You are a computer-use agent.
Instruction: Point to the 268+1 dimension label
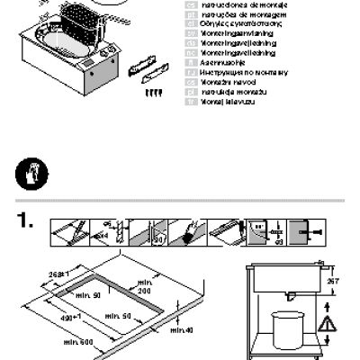click(x=58, y=274)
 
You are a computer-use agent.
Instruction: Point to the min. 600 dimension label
click(x=78, y=343)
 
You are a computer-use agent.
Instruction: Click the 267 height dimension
click(x=333, y=281)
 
